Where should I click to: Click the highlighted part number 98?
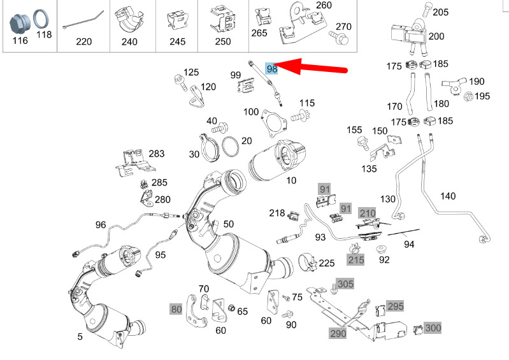coord(272,68)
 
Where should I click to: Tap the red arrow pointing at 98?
coord(312,66)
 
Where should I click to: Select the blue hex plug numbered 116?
coord(20,24)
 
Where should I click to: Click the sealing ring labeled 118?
coord(42,20)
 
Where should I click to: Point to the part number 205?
coord(440,12)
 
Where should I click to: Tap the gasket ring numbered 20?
coord(231,146)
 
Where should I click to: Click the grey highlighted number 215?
coord(355,259)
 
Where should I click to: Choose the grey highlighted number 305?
coord(345,284)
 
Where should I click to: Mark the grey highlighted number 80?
coord(176,309)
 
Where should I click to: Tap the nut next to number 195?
coord(468,96)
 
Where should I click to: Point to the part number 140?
coord(448,196)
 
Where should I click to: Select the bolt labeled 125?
coord(180,82)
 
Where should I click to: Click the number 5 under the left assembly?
coord(80,336)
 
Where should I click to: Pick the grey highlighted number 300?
coord(433,328)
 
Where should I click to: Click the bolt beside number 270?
coord(339,38)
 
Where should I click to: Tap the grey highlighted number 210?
coord(367,213)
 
